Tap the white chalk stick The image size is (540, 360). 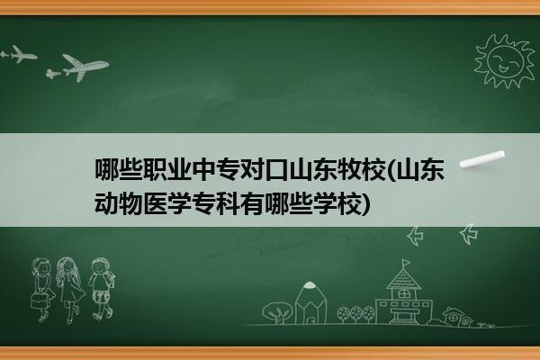pos(482,159)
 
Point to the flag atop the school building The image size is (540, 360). pos(407,264)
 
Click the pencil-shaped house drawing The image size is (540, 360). pos(310,302)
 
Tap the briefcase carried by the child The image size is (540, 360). pos(39,301)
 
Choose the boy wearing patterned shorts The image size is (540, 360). pos(102,289)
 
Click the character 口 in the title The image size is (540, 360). pos(276,169)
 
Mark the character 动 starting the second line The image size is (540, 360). pos(106,203)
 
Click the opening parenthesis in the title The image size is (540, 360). pos(391,170)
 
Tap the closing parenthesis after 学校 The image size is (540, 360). pos(367,204)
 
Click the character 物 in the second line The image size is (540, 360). pos(130,203)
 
